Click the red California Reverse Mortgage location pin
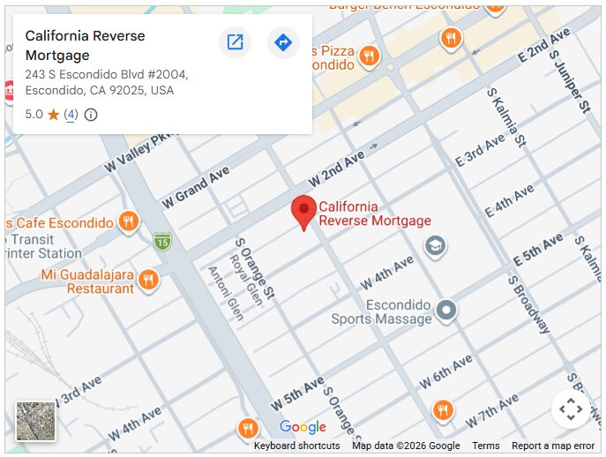click(x=303, y=211)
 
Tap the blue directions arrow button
click(x=283, y=41)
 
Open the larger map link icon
click(x=235, y=41)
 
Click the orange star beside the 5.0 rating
click(x=53, y=115)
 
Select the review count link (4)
click(x=71, y=115)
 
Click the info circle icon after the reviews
click(x=91, y=115)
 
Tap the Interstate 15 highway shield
click(x=161, y=241)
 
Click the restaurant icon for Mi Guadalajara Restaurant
click(x=148, y=280)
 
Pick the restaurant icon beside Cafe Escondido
click(x=129, y=221)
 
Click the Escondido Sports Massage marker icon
click(x=447, y=310)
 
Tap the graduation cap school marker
click(x=434, y=245)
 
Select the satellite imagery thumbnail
click(x=35, y=421)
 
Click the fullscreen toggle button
click(x=570, y=408)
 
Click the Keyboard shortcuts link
click(x=296, y=446)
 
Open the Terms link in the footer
click(x=485, y=446)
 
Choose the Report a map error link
click(x=553, y=446)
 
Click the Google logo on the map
click(x=303, y=428)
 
